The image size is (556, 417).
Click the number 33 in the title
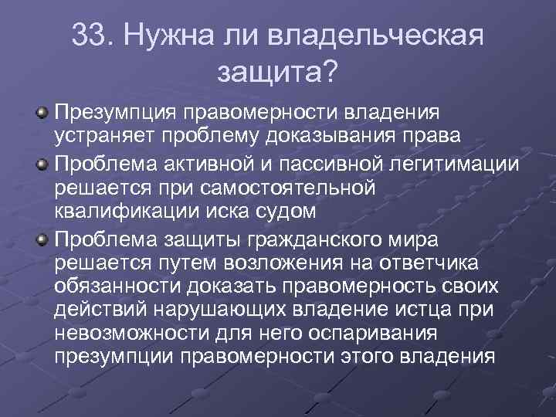[x=91, y=36]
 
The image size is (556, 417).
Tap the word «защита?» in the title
[x=278, y=71]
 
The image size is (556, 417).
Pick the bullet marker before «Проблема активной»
[x=43, y=164]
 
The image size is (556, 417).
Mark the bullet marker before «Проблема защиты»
[x=43, y=236]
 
